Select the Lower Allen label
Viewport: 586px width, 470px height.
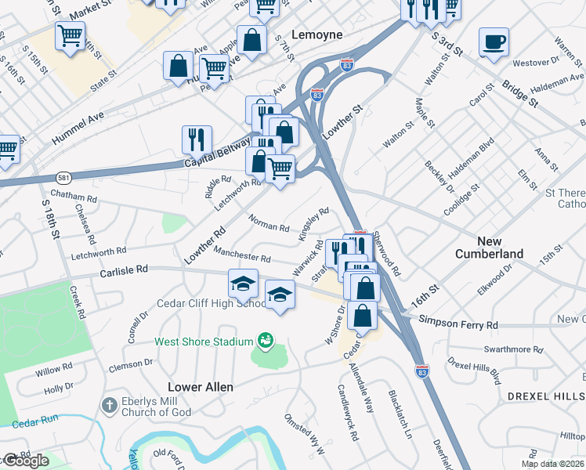point(197,387)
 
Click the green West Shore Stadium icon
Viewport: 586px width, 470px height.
point(266,341)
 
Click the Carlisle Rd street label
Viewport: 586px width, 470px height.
point(124,269)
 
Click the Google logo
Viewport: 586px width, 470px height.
point(25,461)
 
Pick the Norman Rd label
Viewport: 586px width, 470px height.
point(269,223)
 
